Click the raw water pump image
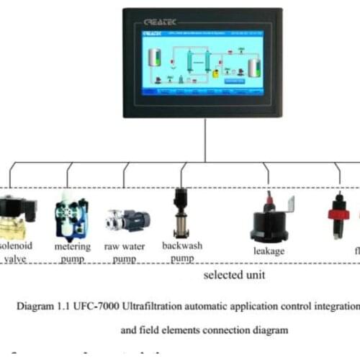(127, 220)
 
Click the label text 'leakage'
(269, 251)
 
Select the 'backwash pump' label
(181, 251)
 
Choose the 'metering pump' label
(73, 253)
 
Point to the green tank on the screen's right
(253, 67)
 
